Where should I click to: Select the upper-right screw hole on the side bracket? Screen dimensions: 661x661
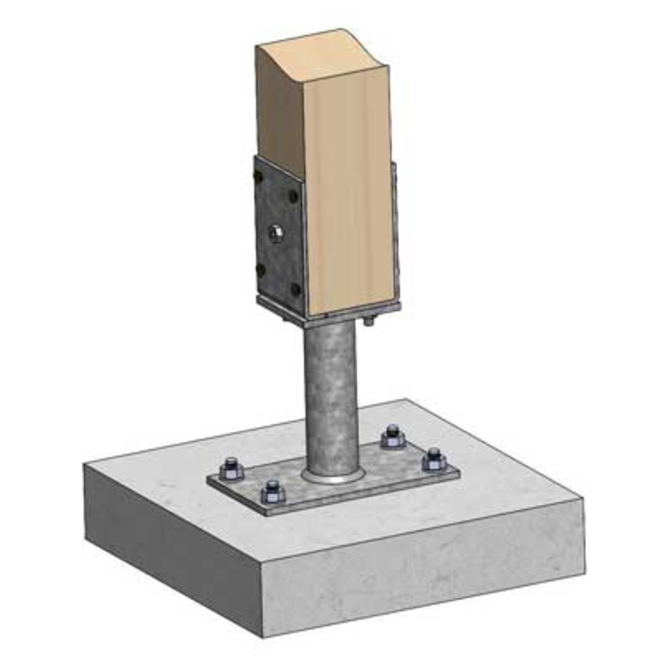pyautogui.click(x=293, y=196)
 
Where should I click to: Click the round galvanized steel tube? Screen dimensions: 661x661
pyautogui.click(x=330, y=396)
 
